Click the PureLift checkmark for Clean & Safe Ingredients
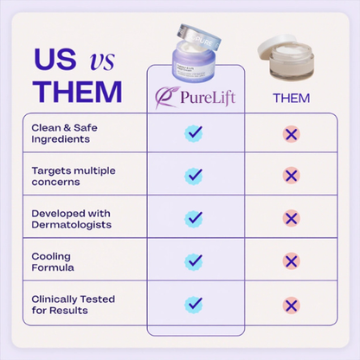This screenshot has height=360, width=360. pos(194,133)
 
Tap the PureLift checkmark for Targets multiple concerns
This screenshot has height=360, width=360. pos(194,175)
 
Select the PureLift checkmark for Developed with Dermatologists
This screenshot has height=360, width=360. pos(194,218)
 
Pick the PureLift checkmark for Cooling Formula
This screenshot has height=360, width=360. pos(194,260)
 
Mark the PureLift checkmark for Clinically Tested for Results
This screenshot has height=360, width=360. pos(194,304)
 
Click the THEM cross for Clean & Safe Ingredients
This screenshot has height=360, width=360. pos(292,133)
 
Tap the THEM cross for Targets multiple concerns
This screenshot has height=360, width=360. pos(292,175)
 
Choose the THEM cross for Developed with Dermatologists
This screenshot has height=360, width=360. pos(292,218)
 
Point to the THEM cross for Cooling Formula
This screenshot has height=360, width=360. pos(292,260)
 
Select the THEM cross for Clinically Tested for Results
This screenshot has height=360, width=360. pos(292,304)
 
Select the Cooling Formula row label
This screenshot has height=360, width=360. pos(55,261)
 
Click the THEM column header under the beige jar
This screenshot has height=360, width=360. pos(291,98)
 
